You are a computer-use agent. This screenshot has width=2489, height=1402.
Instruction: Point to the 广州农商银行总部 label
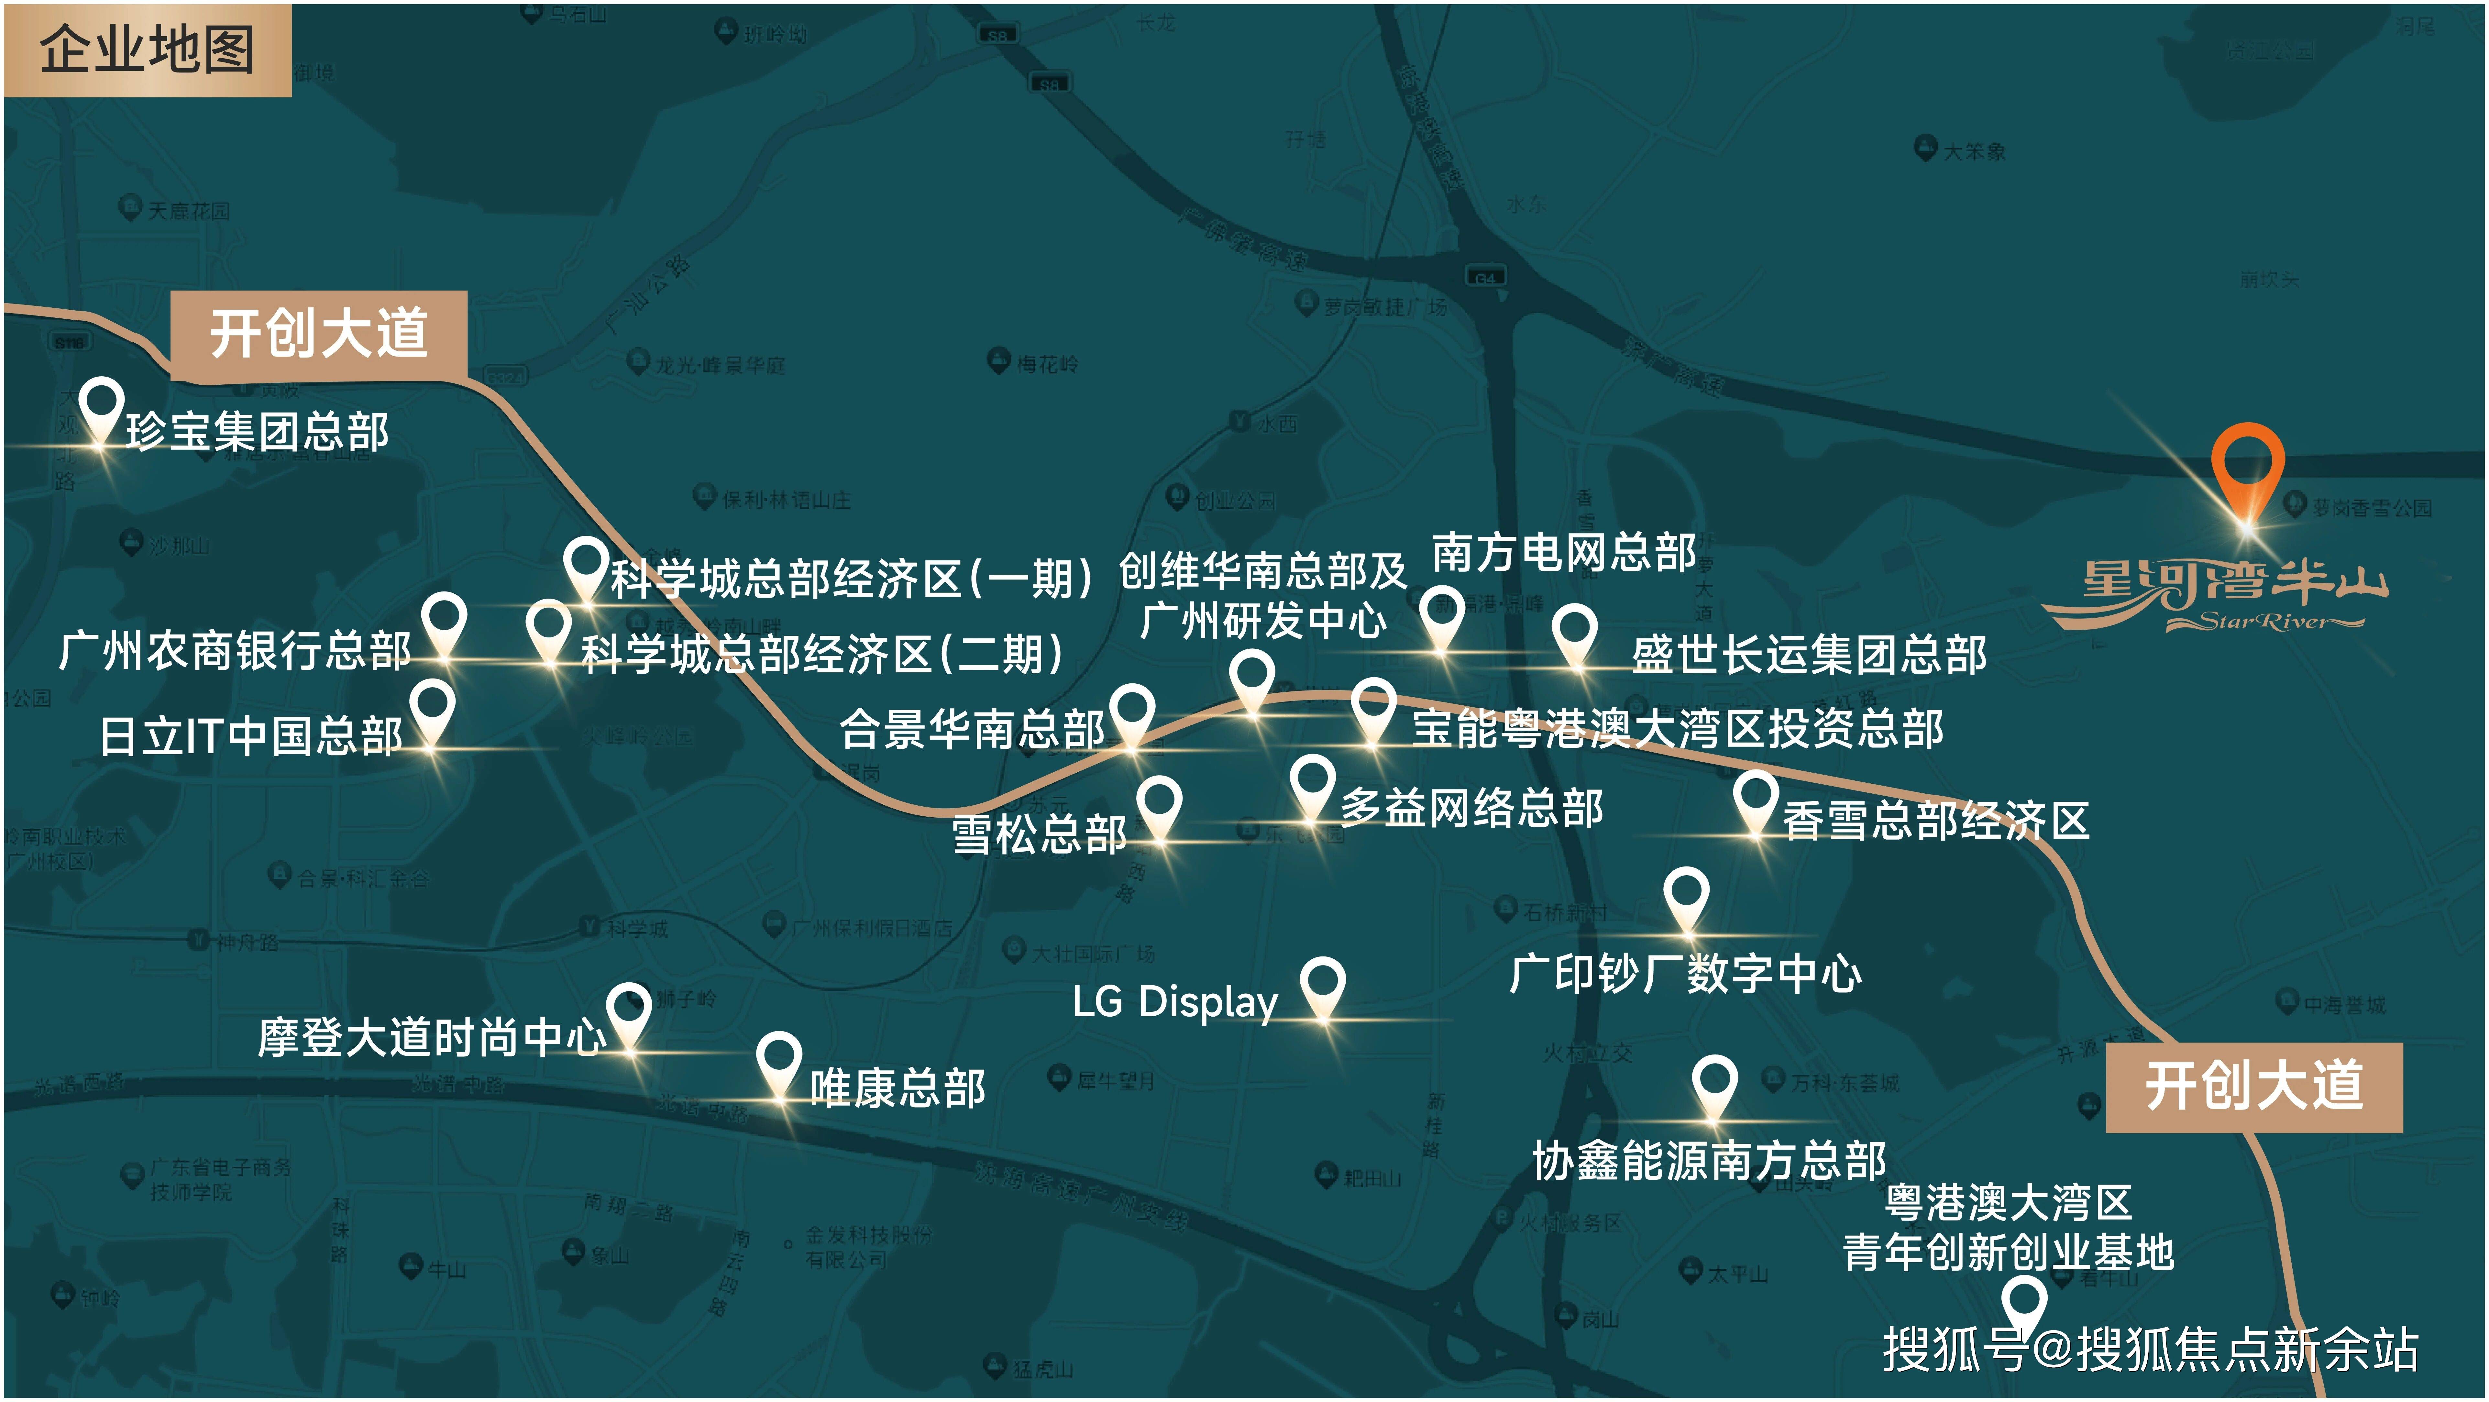pos(235,650)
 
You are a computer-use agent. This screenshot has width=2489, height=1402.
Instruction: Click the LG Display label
pos(1175,1002)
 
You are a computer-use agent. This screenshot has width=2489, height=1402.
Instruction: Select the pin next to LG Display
pos(1322,986)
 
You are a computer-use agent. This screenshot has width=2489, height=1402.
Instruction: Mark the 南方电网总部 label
pos(1563,553)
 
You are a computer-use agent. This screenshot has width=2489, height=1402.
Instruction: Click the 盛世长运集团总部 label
pos(1809,654)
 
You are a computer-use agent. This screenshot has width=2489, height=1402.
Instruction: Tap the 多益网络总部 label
pos(1471,808)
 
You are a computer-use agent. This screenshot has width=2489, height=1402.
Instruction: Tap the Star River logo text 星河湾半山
pos(2232,585)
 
